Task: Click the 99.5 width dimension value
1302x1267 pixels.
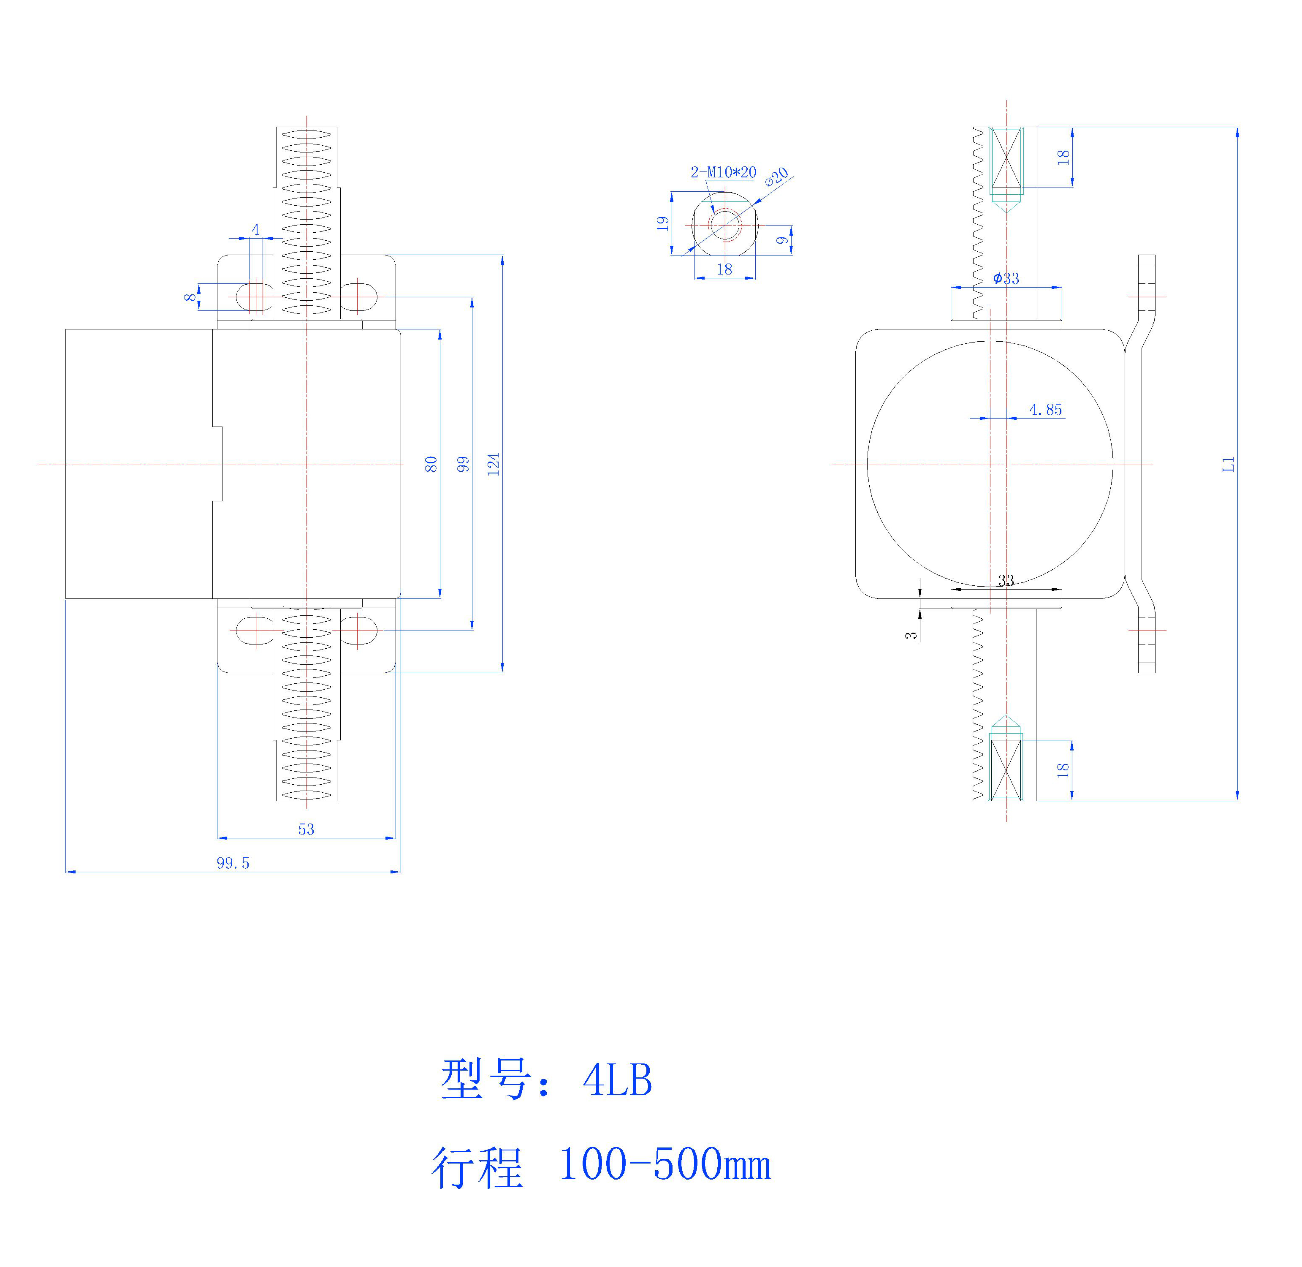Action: [x=233, y=863]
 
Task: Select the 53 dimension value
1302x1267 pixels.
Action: [x=306, y=829]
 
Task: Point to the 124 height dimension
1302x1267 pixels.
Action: [x=493, y=464]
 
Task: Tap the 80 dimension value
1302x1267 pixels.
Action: [x=431, y=464]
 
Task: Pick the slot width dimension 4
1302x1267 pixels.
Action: [x=255, y=230]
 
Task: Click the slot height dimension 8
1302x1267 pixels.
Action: [x=191, y=297]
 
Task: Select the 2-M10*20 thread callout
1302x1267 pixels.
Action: [x=723, y=172]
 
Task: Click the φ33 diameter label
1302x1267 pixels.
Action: [x=1006, y=278]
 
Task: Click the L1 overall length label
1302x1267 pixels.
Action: [x=1228, y=464]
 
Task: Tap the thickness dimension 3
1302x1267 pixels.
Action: [x=911, y=635]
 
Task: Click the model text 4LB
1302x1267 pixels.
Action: [x=617, y=1080]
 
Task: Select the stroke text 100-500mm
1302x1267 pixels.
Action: [x=664, y=1164]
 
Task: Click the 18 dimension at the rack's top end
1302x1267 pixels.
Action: [x=1063, y=157]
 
